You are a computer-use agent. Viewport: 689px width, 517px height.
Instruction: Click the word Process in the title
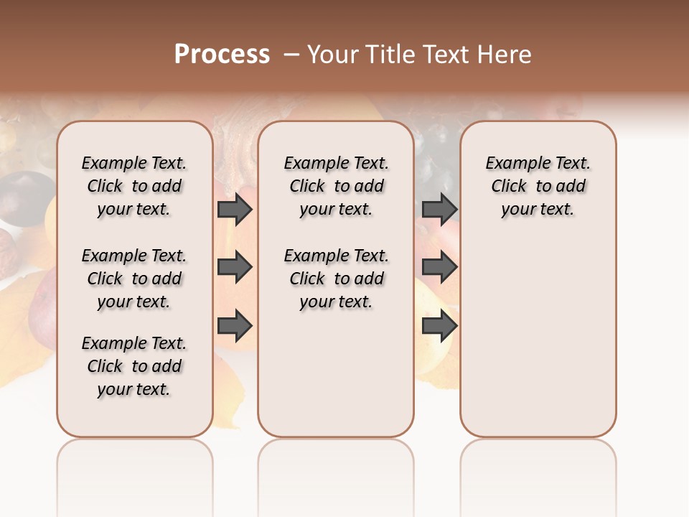click(x=222, y=55)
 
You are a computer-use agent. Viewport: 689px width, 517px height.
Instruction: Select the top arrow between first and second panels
click(x=235, y=209)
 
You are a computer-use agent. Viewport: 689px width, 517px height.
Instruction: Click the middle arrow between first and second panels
click(x=235, y=268)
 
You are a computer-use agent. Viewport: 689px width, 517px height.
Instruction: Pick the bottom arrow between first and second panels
click(x=235, y=327)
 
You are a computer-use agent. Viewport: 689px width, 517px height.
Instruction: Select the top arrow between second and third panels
click(x=439, y=209)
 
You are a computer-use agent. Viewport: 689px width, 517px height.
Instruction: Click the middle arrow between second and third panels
click(x=439, y=268)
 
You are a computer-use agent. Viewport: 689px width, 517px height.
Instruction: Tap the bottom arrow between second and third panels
click(x=439, y=327)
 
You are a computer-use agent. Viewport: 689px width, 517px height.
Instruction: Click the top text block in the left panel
click(x=134, y=186)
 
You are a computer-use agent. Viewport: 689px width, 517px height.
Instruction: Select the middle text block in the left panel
click(x=134, y=279)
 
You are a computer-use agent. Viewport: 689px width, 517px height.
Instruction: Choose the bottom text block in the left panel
click(x=134, y=366)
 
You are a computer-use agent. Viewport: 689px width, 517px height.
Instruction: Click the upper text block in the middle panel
click(x=336, y=186)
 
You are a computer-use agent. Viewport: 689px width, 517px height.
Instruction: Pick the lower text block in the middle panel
click(x=336, y=279)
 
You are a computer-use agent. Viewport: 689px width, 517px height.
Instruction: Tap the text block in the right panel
click(x=538, y=186)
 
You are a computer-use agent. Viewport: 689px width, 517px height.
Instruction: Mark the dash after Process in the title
click(x=291, y=55)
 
